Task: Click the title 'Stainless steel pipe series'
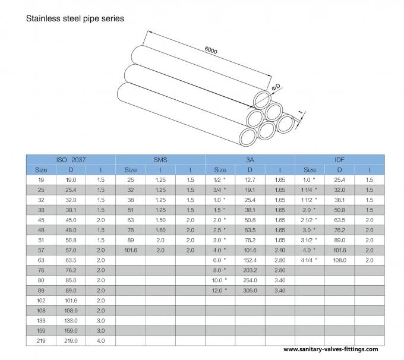[74, 18]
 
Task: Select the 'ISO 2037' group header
[71, 160]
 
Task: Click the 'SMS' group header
[160, 160]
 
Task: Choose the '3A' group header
[250, 160]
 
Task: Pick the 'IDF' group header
[340, 160]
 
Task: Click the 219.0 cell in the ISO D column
[71, 340]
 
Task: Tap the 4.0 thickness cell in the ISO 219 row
[100, 340]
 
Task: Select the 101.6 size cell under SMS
[131, 250]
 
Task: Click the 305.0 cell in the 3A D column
[250, 290]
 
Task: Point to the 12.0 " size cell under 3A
[220, 290]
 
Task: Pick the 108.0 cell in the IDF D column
[340, 260]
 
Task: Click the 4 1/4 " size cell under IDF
[310, 260]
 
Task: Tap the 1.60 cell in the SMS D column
[160, 230]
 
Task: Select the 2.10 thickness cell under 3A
[280, 250]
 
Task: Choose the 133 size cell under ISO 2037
[41, 320]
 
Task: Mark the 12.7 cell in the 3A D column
[250, 180]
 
